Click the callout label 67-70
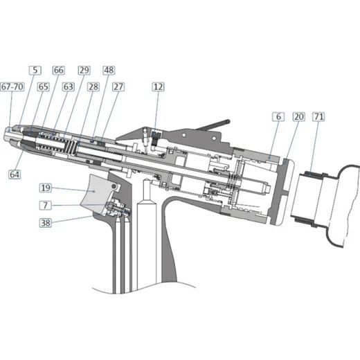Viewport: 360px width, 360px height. point(12,87)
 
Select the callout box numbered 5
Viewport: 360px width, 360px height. point(35,70)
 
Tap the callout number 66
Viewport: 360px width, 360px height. point(59,70)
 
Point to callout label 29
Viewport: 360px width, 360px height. point(84,70)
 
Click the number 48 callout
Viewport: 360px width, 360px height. point(109,70)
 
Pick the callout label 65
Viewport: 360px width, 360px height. point(44,87)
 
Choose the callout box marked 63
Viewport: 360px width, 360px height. point(69,87)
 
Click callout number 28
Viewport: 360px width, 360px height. point(93,87)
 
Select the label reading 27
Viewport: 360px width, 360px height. point(118,87)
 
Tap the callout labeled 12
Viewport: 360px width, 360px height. point(158,87)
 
